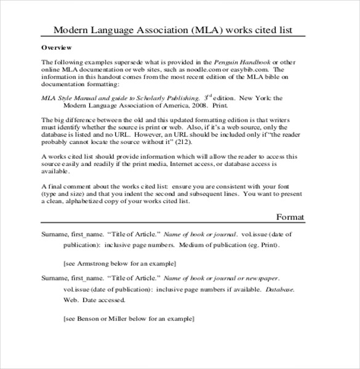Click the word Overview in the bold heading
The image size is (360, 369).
[57, 47]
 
